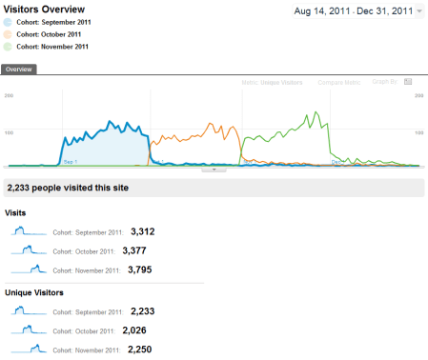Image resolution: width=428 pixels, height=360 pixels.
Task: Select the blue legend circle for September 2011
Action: (x=10, y=22)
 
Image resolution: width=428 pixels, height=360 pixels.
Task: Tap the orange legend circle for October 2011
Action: (x=10, y=34)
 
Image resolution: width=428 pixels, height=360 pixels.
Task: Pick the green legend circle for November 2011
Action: (x=10, y=47)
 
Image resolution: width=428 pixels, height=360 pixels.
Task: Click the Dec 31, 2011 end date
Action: (x=380, y=11)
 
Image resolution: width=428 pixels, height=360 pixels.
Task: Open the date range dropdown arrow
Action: (x=420, y=12)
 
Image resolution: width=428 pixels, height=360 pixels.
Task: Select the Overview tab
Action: (x=20, y=70)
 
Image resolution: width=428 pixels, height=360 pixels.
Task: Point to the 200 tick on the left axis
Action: (x=9, y=96)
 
